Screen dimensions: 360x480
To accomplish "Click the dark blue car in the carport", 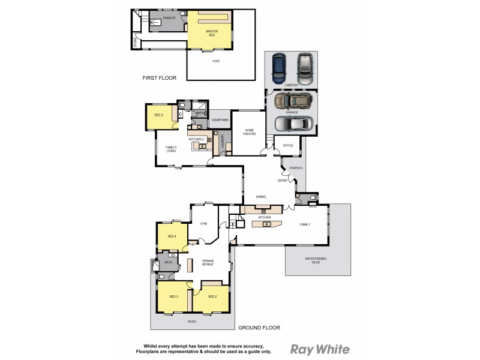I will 278,69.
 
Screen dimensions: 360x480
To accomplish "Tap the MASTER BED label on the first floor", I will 211,32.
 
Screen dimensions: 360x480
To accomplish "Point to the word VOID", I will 216,61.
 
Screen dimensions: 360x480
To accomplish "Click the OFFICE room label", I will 287,145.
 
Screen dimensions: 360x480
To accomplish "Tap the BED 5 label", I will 158,115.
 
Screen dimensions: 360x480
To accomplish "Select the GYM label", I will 203,223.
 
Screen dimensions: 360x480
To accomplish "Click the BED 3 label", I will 173,297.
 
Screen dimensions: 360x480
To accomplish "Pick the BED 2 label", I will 212,297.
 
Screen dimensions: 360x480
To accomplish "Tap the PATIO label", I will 191,322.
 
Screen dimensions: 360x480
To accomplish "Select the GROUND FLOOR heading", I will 259,328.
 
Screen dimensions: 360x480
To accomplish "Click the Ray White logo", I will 320,349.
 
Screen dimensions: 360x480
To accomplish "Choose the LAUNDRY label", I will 222,142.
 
